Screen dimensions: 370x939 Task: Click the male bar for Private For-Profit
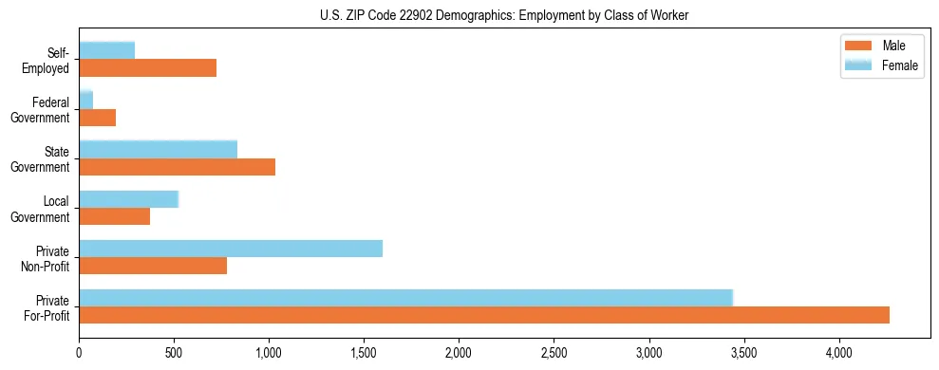pyautogui.click(x=484, y=315)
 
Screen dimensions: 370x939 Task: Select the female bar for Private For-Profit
pyautogui.click(x=405, y=298)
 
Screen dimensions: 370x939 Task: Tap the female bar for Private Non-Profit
pyautogui.click(x=231, y=249)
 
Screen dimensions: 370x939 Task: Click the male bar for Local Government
pyautogui.click(x=115, y=216)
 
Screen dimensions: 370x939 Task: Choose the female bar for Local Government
pyautogui.click(x=128, y=199)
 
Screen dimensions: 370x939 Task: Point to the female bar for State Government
pyautogui.click(x=158, y=150)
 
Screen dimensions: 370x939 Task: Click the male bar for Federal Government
pyautogui.click(x=97, y=118)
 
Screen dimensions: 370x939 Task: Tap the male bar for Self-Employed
pyautogui.click(x=147, y=68)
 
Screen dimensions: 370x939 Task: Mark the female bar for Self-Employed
pyautogui.click(x=106, y=50)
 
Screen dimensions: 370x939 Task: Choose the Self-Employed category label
pyautogui.click(x=49, y=61)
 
